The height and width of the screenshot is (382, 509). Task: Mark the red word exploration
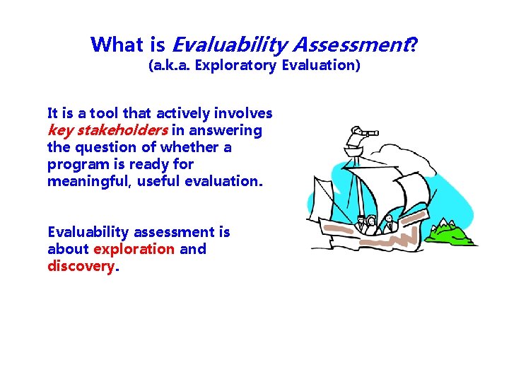click(134, 249)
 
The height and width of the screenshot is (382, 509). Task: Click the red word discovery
click(80, 266)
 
